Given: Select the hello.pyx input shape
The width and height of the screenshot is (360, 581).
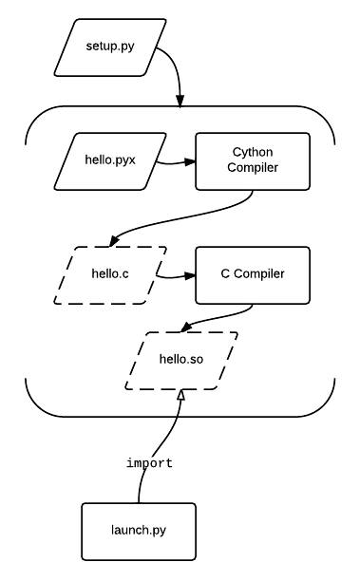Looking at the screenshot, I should click(x=108, y=161).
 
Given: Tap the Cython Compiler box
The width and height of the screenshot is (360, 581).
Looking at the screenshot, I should click(x=252, y=161).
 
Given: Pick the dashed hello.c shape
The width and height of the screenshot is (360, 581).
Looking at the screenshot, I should click(x=108, y=275).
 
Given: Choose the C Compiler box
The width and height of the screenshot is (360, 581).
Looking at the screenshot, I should click(x=252, y=275).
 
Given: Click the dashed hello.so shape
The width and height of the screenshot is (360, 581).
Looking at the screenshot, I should click(x=180, y=361).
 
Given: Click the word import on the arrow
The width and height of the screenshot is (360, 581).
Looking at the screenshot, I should click(x=149, y=463).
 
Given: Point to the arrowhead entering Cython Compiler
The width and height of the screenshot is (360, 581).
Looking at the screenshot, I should click(x=189, y=162).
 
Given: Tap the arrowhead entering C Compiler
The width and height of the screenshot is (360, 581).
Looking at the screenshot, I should click(x=189, y=277).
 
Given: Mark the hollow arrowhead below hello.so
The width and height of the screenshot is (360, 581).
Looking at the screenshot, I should click(x=178, y=396).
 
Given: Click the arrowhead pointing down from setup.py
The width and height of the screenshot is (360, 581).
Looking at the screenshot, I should click(x=180, y=100).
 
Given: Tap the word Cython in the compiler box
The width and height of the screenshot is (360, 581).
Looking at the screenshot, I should click(x=252, y=152).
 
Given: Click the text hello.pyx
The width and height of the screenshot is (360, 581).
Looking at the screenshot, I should click(x=108, y=161).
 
